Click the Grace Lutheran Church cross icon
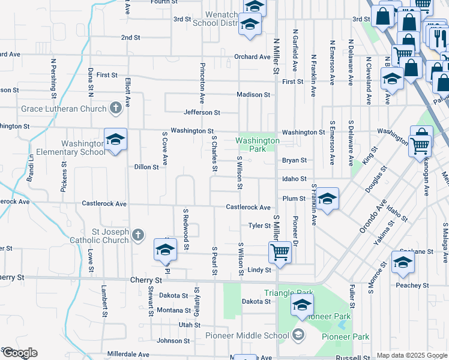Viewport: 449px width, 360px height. pos(116,109)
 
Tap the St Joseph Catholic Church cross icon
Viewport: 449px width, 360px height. pos(137,235)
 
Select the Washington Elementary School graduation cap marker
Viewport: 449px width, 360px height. pos(115,140)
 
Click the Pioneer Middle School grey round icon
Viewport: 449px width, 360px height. pos(298,335)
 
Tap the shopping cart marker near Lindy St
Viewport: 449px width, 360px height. pos(280,252)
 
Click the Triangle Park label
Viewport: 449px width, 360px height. pos(289,293)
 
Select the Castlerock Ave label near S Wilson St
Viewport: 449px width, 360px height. pos(248,207)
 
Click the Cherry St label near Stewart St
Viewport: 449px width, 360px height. pos(146,280)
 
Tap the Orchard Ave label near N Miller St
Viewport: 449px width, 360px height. pos(252,57)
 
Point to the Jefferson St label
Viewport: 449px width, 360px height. pos(202,112)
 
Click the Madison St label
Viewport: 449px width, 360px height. pos(253,94)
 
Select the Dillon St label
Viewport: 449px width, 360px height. pos(146,167)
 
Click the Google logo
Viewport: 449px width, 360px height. pos(19,353)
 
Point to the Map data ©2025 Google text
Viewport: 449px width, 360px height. pos(411,355)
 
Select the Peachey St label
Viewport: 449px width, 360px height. pos(412,286)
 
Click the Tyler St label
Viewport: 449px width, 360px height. pos(260,226)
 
